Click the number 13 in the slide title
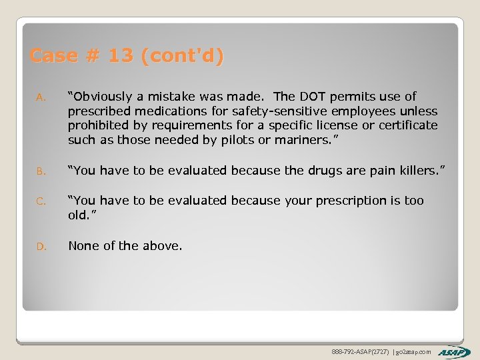pos(121,56)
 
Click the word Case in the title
pos(54,56)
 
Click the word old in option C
pos(78,215)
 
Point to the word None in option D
pos(85,246)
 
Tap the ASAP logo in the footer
pos(454,351)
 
